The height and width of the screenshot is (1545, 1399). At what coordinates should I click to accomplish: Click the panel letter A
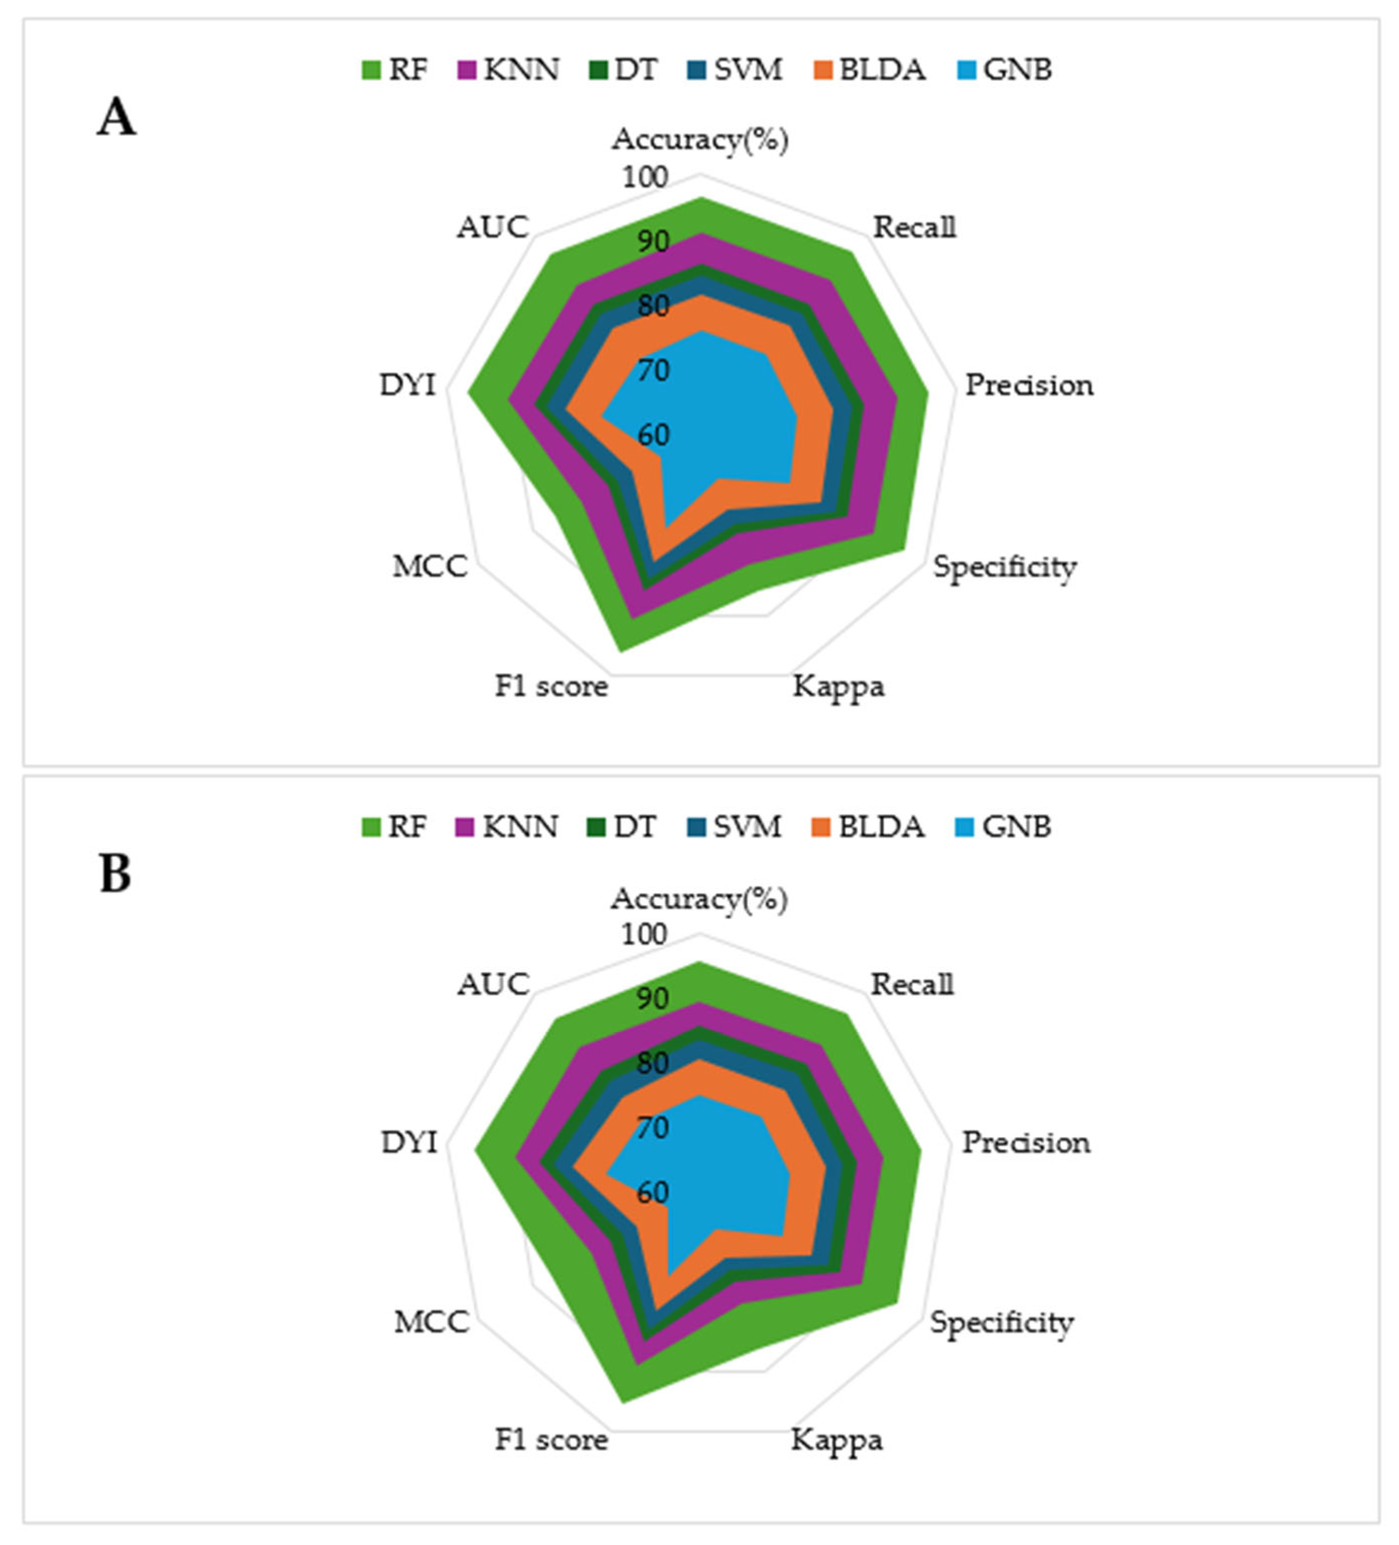(116, 119)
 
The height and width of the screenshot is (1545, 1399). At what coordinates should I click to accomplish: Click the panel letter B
(115, 874)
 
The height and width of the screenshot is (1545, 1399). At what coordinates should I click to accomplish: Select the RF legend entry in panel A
(395, 69)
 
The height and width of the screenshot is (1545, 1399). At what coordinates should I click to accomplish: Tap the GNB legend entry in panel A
(1005, 69)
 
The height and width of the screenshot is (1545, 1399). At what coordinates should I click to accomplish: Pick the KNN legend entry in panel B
(507, 827)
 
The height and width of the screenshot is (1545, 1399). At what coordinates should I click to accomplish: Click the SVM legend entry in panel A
(735, 69)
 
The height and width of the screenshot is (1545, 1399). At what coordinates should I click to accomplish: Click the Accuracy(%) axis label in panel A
(700, 139)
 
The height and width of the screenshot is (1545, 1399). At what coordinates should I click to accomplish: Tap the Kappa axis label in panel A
(838, 686)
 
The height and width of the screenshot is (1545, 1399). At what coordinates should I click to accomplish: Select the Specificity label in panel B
(1001, 1322)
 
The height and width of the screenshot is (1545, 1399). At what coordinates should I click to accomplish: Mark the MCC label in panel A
(430, 566)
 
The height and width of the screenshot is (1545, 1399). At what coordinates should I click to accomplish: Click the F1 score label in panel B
(551, 1440)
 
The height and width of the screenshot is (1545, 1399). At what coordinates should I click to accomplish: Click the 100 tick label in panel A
(644, 177)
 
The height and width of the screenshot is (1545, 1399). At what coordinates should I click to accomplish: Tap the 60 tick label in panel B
(652, 1191)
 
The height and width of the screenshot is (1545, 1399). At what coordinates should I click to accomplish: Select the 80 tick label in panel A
(652, 306)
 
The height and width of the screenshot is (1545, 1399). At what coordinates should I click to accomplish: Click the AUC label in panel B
(493, 985)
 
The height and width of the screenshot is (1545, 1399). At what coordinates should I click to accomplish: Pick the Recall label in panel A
(914, 227)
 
